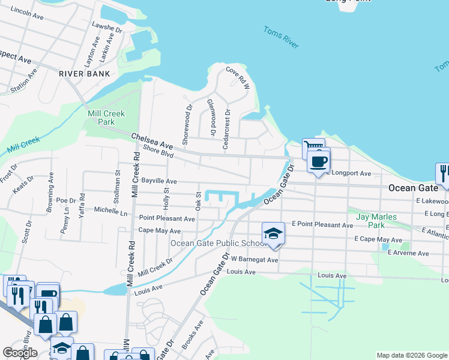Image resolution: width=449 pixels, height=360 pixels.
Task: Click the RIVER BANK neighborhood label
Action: (84, 74)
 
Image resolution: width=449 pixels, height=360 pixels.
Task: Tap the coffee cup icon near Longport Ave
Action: (319, 161)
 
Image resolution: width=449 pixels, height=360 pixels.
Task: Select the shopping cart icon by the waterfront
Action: (313, 147)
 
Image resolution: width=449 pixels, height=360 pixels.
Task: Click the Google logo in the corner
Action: (20, 353)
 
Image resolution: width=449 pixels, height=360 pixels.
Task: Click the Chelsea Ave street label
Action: (152, 141)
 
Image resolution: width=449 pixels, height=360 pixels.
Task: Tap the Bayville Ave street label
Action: (158, 181)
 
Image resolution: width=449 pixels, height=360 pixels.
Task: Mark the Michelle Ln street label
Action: (111, 211)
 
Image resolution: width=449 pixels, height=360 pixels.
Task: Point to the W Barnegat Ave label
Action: (255, 260)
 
